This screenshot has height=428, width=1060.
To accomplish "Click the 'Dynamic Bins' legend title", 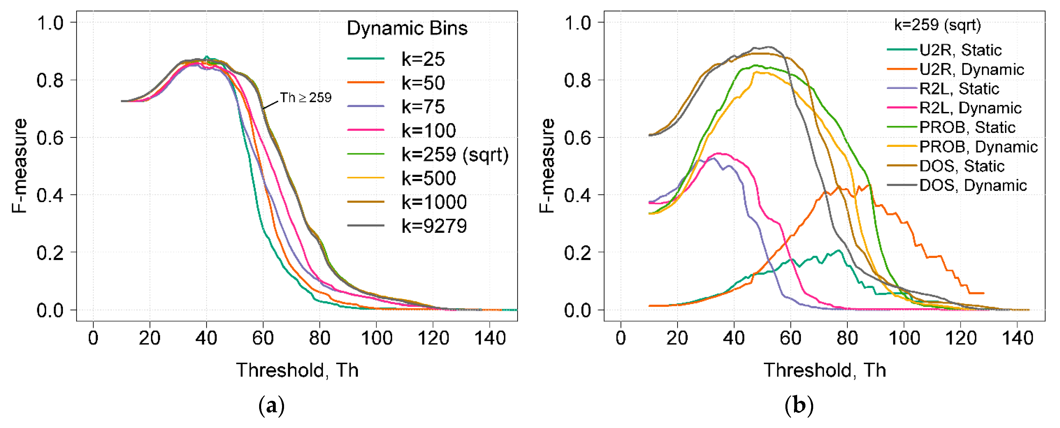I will (x=407, y=28).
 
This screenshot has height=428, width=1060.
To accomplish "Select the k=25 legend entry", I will (x=423, y=59).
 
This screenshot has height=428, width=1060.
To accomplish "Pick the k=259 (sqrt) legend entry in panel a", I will (x=455, y=155).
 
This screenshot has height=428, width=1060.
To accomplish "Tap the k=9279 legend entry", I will (x=434, y=226).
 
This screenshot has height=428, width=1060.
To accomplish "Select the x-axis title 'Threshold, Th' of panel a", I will (x=297, y=370).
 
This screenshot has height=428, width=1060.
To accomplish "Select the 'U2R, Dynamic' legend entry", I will (x=971, y=70).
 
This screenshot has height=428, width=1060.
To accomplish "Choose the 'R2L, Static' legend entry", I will (x=959, y=89).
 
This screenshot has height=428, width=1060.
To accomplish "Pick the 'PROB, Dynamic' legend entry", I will (x=978, y=147).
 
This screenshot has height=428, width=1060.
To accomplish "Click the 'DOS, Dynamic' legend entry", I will (x=973, y=186).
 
